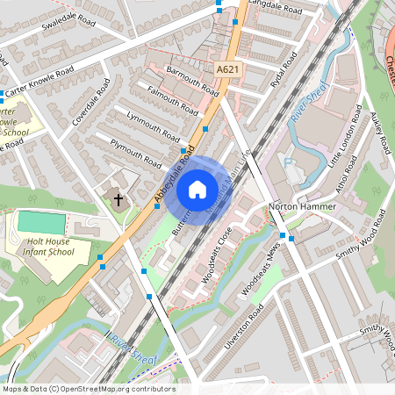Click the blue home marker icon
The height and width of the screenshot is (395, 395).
(x=197, y=189)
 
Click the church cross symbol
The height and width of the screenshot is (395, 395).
(x=118, y=199)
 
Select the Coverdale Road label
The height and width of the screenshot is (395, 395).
(x=92, y=104)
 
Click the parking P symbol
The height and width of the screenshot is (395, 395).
(x=287, y=162)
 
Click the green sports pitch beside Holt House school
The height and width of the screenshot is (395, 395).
(x=41, y=222)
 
